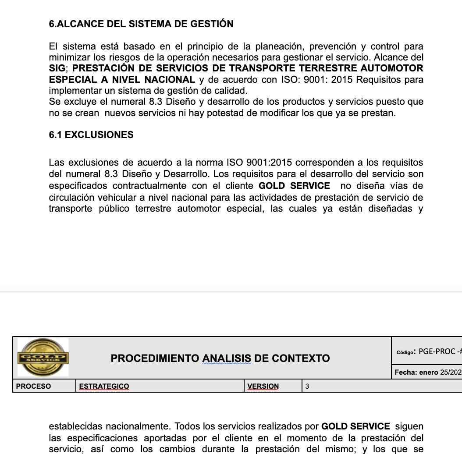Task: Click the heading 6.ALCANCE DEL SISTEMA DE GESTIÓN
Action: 141,24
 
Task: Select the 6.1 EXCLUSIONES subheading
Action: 91,135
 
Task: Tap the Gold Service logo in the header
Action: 43,357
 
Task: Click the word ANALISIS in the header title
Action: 226,358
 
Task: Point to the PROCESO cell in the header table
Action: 33,387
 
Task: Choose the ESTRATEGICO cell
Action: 104,387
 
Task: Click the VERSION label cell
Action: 263,387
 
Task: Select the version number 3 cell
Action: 307,387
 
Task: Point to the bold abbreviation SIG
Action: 57,68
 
